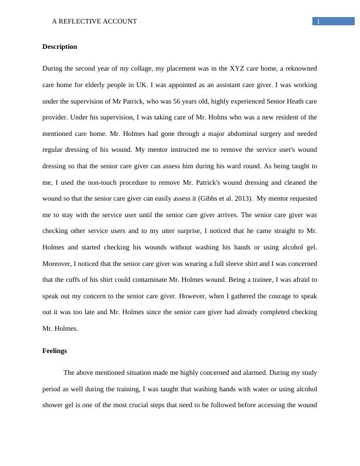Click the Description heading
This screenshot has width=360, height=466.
click(x=59, y=46)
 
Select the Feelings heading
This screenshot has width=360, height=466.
click(x=55, y=351)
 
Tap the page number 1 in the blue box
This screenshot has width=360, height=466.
click(x=318, y=22)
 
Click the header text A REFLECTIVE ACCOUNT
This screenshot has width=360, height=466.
click(x=94, y=21)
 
